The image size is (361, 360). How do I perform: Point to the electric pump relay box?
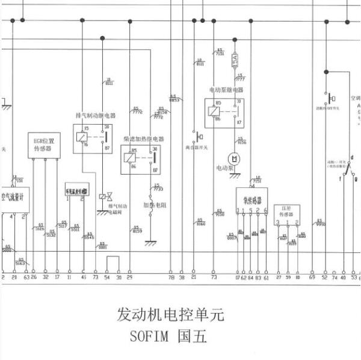[224, 112]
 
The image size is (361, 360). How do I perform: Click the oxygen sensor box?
[251, 199]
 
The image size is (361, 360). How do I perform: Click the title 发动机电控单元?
[170, 315]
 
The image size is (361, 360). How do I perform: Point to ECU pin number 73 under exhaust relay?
[95, 277]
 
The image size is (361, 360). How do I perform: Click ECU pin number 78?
[171, 277]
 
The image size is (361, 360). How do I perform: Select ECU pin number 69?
[312, 277]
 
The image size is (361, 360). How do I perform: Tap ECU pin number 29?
[129, 277]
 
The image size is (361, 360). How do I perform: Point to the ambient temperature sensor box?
[76, 191]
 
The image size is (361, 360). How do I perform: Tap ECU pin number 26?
[34, 277]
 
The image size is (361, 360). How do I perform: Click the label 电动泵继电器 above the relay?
[226, 90]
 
